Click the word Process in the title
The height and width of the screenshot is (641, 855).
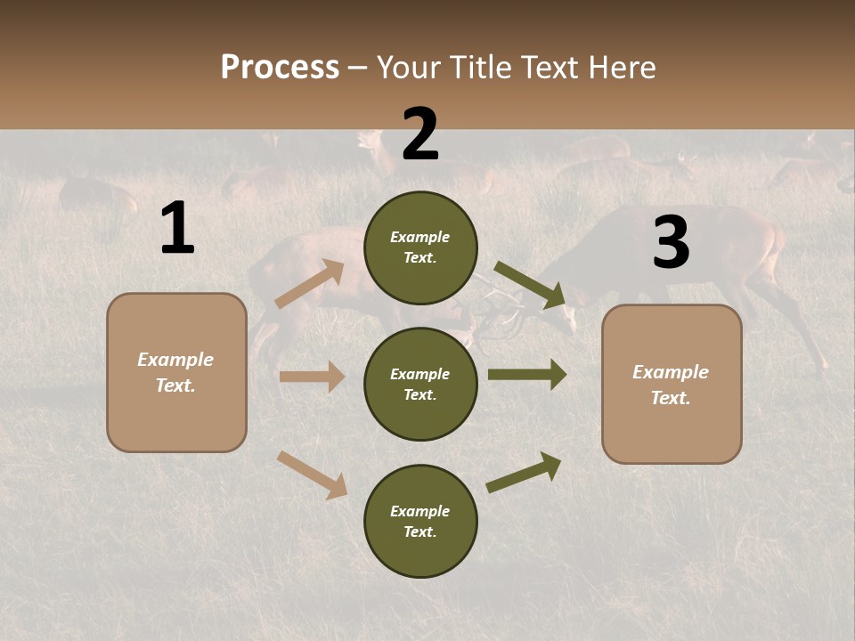pyautogui.click(x=280, y=68)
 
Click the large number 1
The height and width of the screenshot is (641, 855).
pyautogui.click(x=177, y=229)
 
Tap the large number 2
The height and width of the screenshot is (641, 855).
pyautogui.click(x=420, y=134)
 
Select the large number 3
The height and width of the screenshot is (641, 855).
pyautogui.click(x=671, y=243)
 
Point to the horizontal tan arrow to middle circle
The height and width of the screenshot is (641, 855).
pyautogui.click(x=312, y=377)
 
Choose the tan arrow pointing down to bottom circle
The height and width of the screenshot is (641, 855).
pyautogui.click(x=312, y=475)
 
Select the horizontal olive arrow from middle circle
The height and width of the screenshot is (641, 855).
pyautogui.click(x=526, y=375)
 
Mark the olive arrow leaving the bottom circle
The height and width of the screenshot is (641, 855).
pyautogui.click(x=524, y=472)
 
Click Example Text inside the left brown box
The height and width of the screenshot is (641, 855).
pyautogui.click(x=175, y=372)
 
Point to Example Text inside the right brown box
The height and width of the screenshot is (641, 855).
pyautogui.click(x=671, y=385)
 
